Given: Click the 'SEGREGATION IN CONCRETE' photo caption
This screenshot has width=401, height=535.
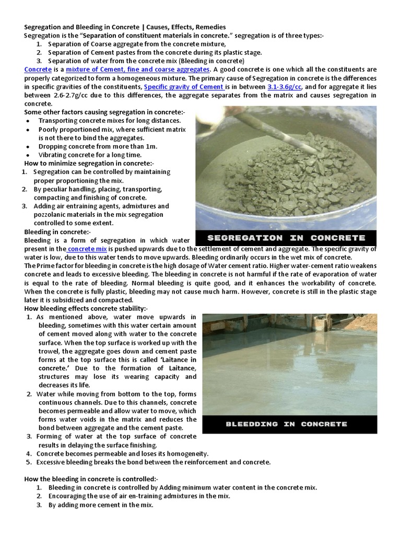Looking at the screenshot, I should [x=286, y=237].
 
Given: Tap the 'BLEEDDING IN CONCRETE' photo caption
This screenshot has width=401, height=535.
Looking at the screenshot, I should [x=286, y=424].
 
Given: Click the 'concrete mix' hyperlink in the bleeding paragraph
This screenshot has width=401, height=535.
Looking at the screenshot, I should [x=87, y=249].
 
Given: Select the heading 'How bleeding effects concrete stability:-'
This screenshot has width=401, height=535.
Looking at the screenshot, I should [x=86, y=309].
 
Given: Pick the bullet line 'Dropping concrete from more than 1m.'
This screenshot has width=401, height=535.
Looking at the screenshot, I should [x=98, y=146].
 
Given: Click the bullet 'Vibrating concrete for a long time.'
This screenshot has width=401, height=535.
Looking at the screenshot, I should [x=90, y=155].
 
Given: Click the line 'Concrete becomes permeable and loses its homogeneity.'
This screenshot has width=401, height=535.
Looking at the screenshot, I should [x=123, y=453].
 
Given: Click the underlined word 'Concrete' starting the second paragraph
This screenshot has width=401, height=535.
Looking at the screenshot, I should [x=38, y=69].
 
